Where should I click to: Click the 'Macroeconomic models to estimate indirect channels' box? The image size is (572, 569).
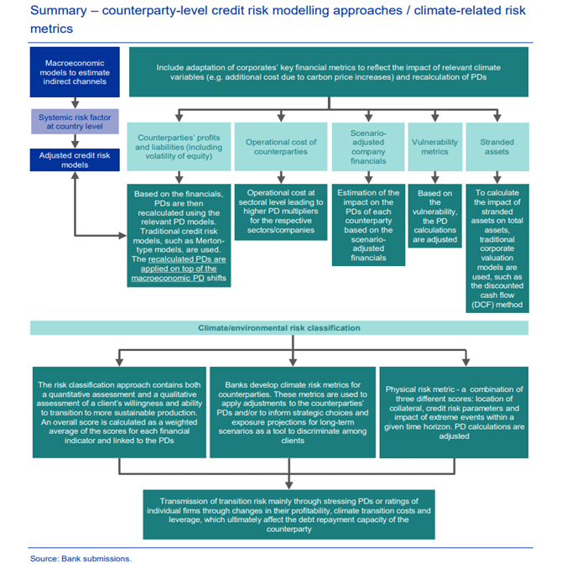click(x=75, y=72)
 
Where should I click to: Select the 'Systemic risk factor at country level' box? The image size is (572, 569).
click(x=75, y=122)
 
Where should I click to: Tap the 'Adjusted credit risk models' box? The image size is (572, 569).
click(x=75, y=159)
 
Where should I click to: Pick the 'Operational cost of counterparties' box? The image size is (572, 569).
click(x=280, y=147)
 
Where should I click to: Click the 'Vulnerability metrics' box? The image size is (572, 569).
click(x=434, y=147)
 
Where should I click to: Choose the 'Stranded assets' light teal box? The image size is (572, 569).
click(x=497, y=147)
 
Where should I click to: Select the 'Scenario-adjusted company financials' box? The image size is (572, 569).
click(x=368, y=147)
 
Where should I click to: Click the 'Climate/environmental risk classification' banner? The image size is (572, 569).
click(x=279, y=328)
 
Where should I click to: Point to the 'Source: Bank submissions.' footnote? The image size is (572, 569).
click(x=81, y=558)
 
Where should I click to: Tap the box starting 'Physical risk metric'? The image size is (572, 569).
click(x=454, y=412)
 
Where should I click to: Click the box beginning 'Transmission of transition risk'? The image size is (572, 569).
click(x=289, y=514)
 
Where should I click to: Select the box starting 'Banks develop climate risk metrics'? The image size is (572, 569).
click(x=293, y=412)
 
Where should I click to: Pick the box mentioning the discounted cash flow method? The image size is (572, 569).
click(x=497, y=248)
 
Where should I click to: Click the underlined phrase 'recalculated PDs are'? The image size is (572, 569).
click(x=187, y=259)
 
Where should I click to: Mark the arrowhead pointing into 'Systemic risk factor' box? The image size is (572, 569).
click(x=75, y=105)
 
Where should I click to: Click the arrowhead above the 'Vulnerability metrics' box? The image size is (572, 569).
click(x=434, y=117)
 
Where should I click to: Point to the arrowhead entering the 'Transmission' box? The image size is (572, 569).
click(x=289, y=485)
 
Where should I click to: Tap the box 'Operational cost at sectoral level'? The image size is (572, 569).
click(x=280, y=211)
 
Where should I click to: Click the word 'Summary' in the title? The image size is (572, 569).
click(x=59, y=11)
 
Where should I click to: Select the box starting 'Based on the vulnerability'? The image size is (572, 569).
click(x=434, y=216)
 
